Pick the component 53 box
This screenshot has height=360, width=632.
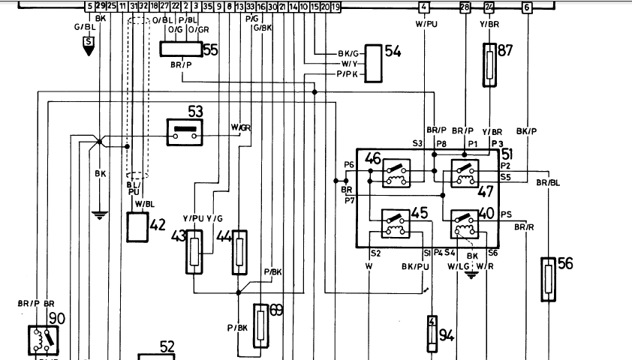(x=185, y=131)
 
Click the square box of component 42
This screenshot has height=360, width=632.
(x=138, y=226)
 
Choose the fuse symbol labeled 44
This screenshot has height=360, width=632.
(x=239, y=253)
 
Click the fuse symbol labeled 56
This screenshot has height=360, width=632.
(x=549, y=280)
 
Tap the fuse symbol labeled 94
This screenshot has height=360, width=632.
(x=432, y=334)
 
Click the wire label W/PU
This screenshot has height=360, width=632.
(x=426, y=24)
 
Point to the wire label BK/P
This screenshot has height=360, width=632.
(x=527, y=130)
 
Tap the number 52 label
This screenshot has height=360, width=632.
(x=167, y=346)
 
